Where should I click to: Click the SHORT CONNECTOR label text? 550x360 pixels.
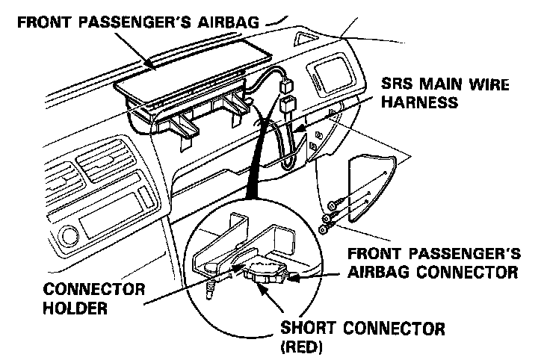pyautogui.click(x=362, y=329)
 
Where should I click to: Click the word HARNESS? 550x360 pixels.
pyautogui.click(x=418, y=102)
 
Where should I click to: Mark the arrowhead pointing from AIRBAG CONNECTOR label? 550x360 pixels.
pyautogui.click(x=292, y=279)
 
